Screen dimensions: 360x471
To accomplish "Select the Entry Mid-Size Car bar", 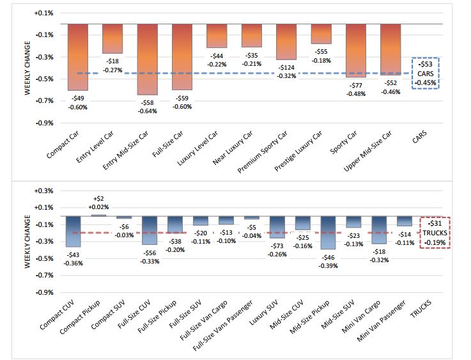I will click(x=147, y=59).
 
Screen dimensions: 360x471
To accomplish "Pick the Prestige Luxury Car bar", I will click(x=321, y=34).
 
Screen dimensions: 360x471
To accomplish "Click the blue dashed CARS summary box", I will click(x=425, y=73).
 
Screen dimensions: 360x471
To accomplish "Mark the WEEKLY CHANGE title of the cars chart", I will click(x=27, y=72).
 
